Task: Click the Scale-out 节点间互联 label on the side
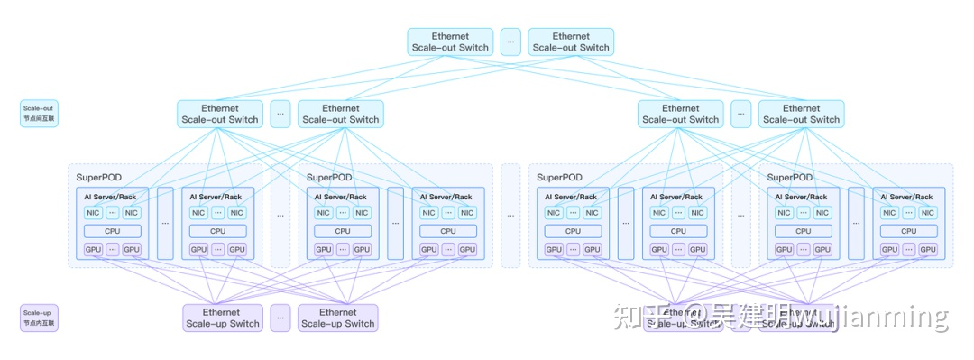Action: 38,113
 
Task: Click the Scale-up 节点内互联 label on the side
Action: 38,317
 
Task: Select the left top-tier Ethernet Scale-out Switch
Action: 450,42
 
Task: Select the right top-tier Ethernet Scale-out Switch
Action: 570,42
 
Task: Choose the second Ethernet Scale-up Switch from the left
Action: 337,318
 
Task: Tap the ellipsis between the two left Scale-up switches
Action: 280,318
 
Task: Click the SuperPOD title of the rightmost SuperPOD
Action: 790,178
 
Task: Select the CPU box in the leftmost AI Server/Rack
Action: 113,231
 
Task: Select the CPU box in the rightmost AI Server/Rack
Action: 909,231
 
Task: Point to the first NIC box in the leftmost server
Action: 93,213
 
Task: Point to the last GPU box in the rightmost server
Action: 928,250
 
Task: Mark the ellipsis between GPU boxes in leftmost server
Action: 113,250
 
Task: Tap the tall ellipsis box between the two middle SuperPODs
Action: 510,216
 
